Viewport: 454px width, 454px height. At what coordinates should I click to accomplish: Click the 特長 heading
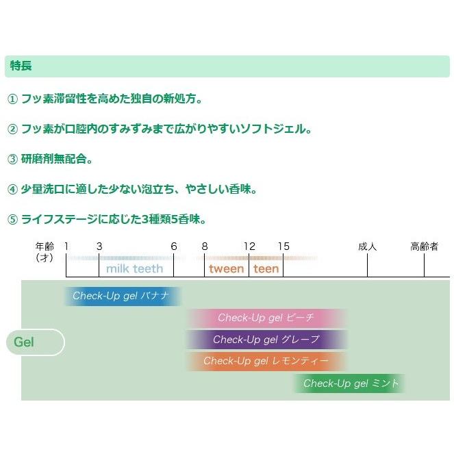click(x=21, y=66)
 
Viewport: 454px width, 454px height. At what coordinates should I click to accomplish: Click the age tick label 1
click(x=66, y=247)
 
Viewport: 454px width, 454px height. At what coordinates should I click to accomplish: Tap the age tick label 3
click(x=99, y=247)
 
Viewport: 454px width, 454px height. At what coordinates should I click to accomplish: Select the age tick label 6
click(x=173, y=247)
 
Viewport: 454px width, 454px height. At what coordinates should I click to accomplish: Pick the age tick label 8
click(x=205, y=247)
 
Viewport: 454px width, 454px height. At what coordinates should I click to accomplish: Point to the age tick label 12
click(x=249, y=247)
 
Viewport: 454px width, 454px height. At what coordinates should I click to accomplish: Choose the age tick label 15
click(x=283, y=247)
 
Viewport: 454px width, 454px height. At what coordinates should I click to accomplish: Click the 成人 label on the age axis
click(x=368, y=247)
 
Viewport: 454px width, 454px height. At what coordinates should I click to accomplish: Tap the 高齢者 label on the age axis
click(x=424, y=247)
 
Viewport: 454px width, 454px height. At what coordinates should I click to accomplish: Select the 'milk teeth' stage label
click(x=134, y=268)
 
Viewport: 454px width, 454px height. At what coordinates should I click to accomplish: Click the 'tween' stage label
click(x=226, y=268)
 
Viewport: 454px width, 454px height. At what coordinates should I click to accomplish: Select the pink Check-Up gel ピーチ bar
click(x=266, y=318)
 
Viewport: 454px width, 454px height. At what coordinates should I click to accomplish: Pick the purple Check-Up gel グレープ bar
click(x=266, y=340)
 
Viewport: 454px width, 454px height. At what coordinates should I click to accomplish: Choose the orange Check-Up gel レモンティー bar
click(x=266, y=361)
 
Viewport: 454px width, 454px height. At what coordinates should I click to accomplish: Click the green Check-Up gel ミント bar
click(x=350, y=383)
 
